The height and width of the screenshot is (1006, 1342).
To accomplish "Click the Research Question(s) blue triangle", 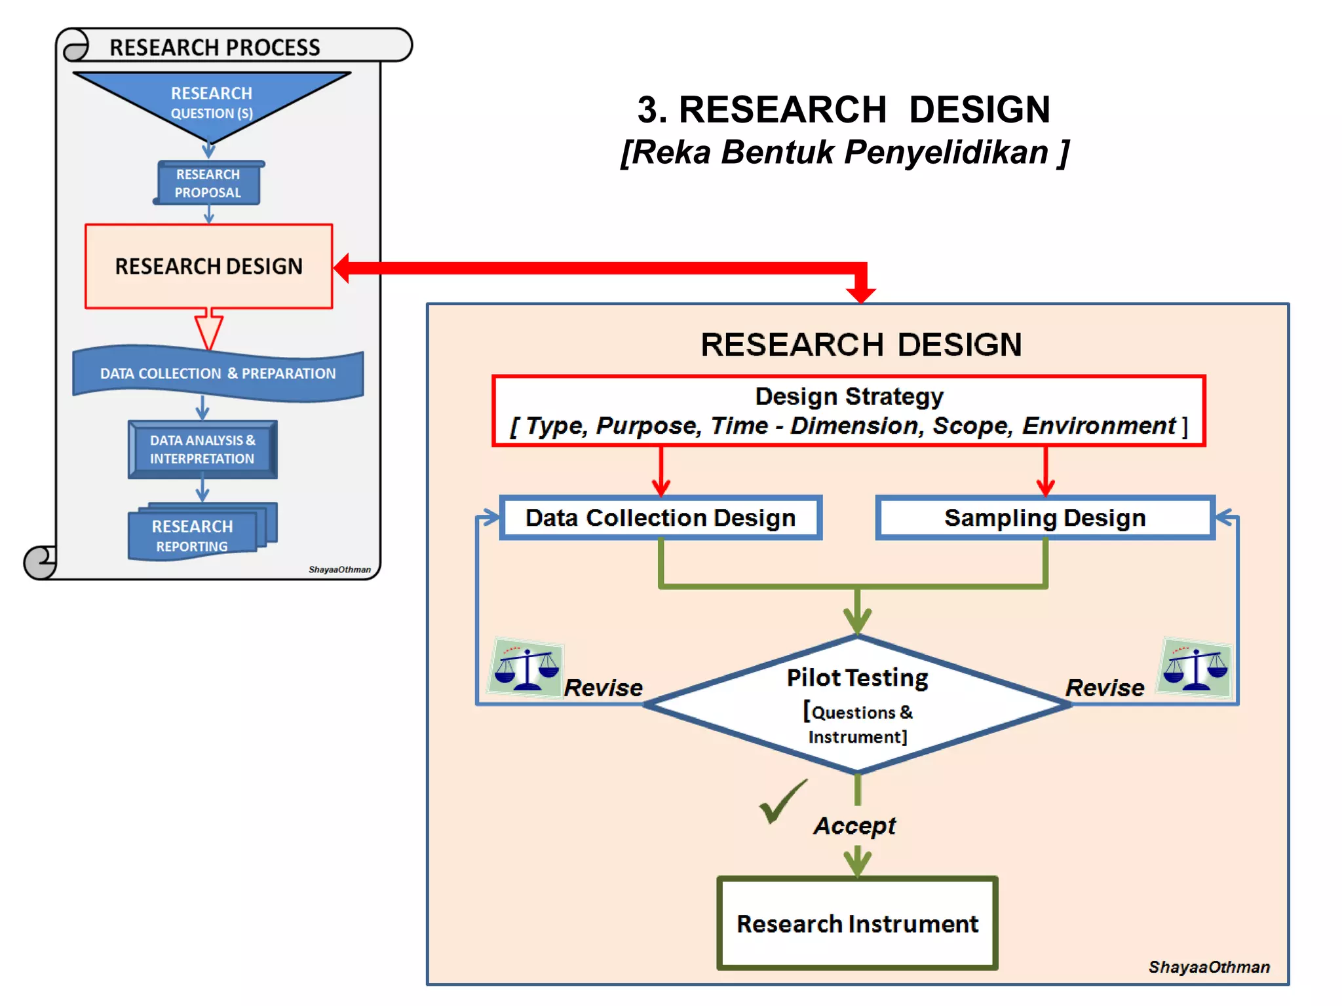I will (211, 102).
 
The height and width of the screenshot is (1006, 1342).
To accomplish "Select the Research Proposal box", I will (208, 183).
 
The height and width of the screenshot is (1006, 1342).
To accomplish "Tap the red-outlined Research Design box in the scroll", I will (208, 267).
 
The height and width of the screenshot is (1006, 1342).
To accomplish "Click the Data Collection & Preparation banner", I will (218, 373).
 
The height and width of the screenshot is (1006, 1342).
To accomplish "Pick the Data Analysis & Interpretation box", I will (202, 449).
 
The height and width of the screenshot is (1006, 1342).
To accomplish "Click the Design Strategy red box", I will (849, 411).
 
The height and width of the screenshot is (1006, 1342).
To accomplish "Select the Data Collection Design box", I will (661, 517).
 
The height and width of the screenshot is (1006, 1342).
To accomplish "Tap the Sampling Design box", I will (1045, 517).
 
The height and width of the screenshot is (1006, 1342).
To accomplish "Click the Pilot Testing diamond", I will (857, 705).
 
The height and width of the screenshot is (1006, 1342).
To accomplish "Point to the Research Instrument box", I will (857, 923).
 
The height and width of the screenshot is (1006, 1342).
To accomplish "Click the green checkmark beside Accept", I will (781, 802).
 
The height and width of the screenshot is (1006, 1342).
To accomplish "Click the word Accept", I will (854, 826).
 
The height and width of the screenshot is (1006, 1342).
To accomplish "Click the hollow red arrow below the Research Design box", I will (209, 330).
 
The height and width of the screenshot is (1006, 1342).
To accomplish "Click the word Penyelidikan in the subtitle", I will (946, 153).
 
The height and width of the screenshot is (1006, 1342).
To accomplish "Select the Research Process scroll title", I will (215, 47).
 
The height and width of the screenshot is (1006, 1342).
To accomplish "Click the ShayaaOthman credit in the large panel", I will (1209, 967).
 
